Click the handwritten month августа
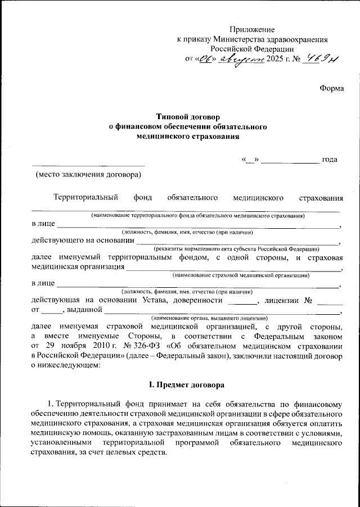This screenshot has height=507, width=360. coord(242,59)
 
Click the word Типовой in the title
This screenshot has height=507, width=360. coord(163,117)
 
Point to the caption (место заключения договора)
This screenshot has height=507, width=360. coord(89,175)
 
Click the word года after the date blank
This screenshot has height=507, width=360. coord(330,160)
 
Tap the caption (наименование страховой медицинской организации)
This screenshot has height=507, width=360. coord(241,275)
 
